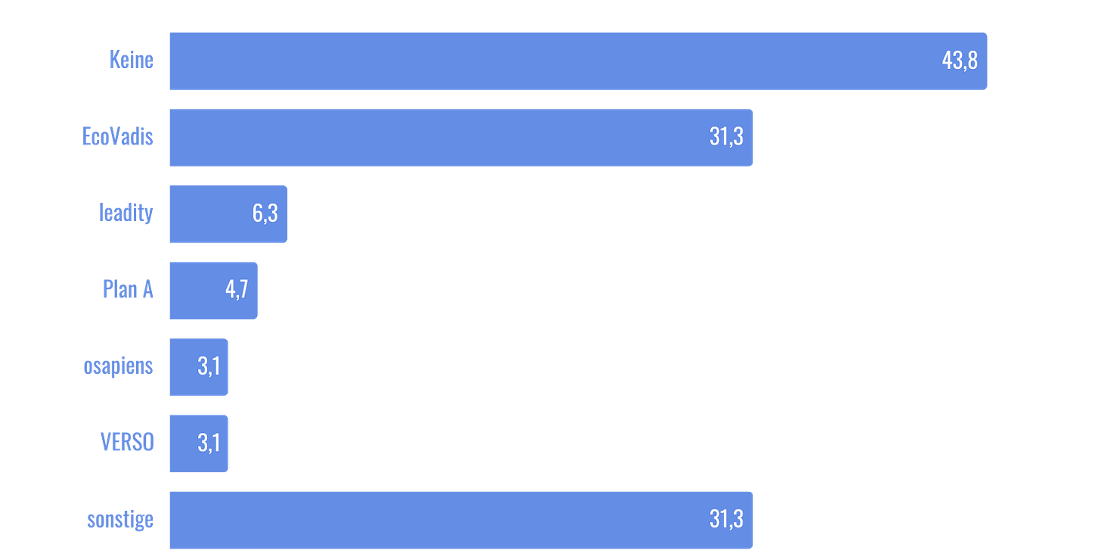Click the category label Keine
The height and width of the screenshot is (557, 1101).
pos(131,61)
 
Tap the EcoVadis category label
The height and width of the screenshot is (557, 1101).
pos(117,137)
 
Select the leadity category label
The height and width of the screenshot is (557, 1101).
pos(126,213)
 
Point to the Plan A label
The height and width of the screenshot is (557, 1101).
pos(128,290)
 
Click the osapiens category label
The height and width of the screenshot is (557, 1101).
pos(118,367)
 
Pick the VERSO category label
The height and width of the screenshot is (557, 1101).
pos(127,443)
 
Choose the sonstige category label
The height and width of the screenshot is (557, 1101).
pos(119,521)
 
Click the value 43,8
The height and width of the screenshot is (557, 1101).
pos(960,61)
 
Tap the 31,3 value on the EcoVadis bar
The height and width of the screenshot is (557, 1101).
pos(726,137)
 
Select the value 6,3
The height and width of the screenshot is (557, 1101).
pos(265,214)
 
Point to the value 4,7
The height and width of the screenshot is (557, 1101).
pos(237,290)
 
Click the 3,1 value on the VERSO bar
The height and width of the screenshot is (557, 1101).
pos(209,443)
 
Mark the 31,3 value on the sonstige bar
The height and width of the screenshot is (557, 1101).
pos(726,520)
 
